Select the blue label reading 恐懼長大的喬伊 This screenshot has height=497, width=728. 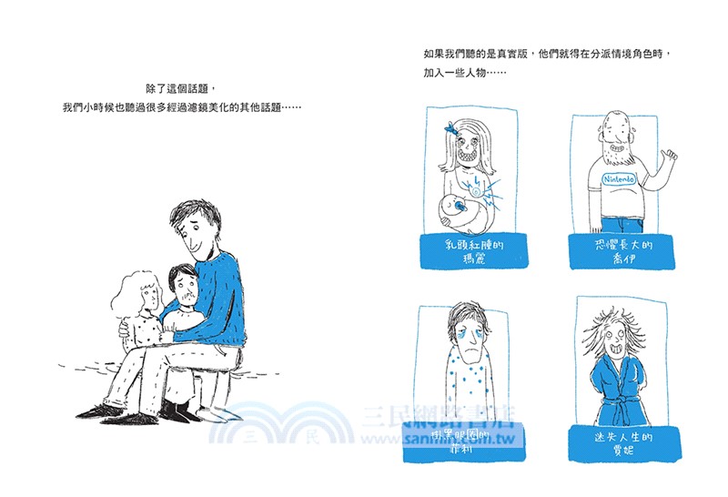619,251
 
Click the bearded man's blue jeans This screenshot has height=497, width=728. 623,224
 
